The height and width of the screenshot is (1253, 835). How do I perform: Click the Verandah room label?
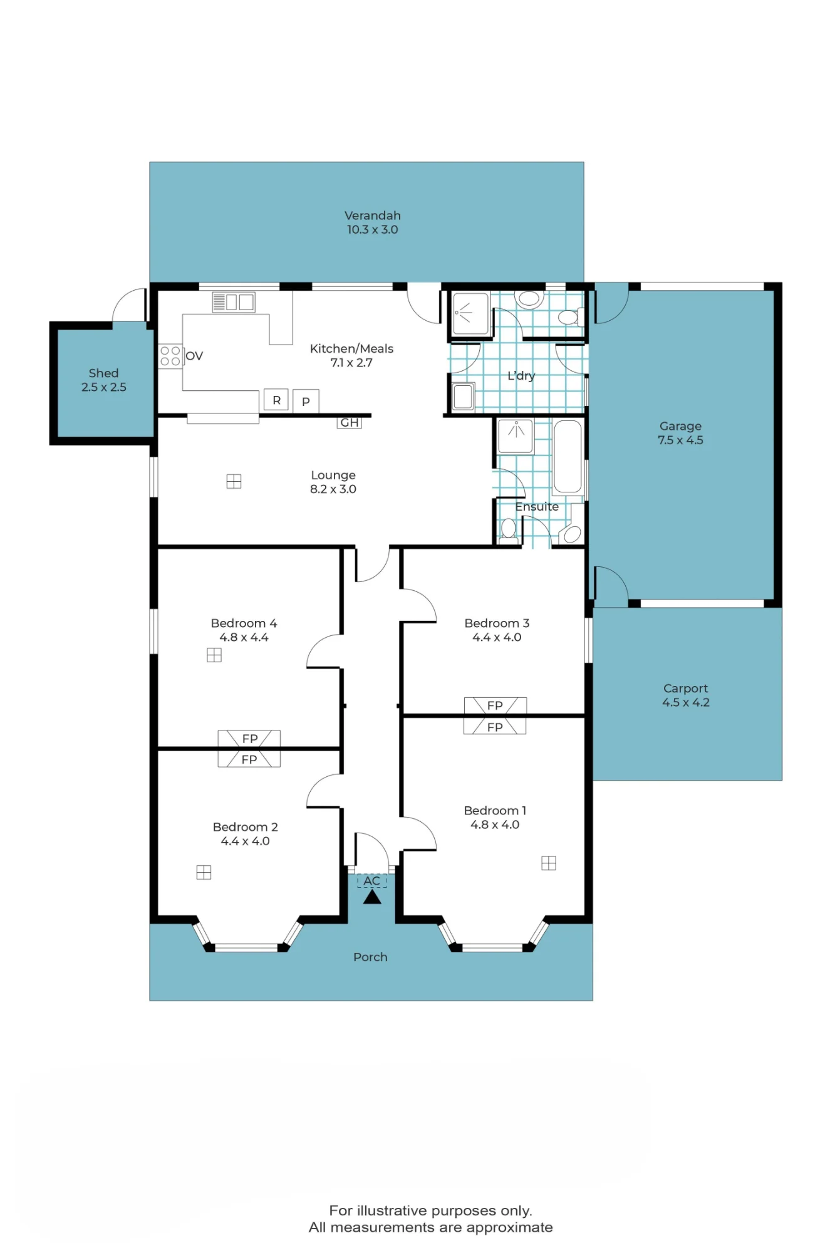[373, 216]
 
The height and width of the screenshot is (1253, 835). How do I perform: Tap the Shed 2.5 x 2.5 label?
[104, 380]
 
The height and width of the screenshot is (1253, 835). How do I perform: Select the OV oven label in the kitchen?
[194, 356]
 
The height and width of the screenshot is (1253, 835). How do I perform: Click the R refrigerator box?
[276, 400]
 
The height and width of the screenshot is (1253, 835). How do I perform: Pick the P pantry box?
[306, 401]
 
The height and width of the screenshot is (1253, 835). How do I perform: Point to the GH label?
[350, 423]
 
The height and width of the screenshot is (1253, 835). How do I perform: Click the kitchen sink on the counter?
[234, 303]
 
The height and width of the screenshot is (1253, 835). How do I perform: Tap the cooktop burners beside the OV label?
[170, 356]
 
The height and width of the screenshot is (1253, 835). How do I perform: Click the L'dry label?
[521, 376]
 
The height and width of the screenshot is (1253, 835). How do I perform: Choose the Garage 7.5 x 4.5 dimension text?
[680, 440]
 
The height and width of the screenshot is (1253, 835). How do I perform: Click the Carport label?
[685, 688]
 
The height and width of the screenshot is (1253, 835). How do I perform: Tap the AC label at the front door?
[372, 881]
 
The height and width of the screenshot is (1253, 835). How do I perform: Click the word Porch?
[370, 957]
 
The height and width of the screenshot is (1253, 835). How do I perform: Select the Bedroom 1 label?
[495, 811]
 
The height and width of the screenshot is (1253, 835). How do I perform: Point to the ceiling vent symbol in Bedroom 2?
[204, 872]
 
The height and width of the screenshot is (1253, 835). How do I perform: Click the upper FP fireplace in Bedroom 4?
[249, 739]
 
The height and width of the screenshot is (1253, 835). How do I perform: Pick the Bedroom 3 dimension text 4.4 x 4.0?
[497, 637]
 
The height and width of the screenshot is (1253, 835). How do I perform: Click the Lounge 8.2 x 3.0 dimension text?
[333, 489]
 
